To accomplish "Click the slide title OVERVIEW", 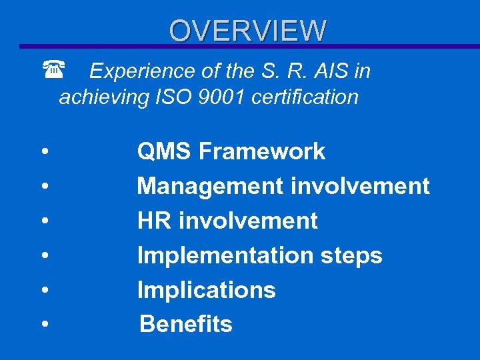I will click(x=247, y=30).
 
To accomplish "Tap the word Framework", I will click(x=262, y=152).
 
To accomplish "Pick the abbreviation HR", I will click(x=153, y=221).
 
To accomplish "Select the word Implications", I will click(x=206, y=290).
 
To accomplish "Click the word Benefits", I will click(x=186, y=325).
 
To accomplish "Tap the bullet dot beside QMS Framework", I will click(x=43, y=152).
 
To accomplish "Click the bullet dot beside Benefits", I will click(x=43, y=325).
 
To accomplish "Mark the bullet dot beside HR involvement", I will click(x=43, y=221).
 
